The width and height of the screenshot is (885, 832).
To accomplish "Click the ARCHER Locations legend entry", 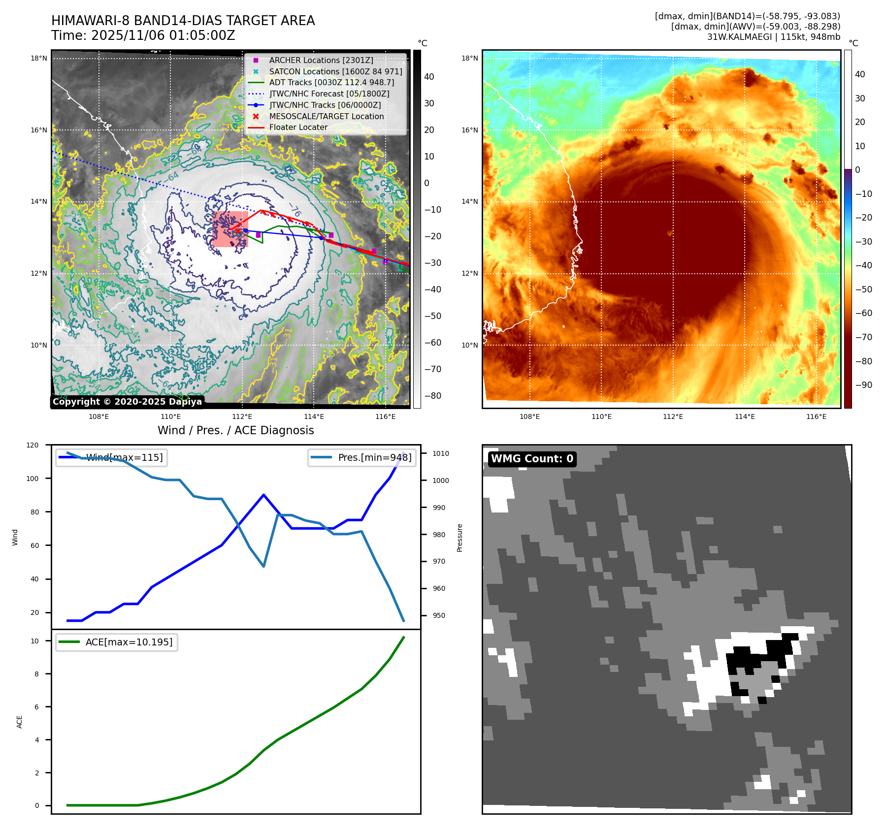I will pyautogui.click(x=321, y=60).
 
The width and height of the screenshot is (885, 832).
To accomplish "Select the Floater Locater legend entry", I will pyautogui.click(x=298, y=127).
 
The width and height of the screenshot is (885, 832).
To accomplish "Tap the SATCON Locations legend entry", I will pyautogui.click(x=335, y=71).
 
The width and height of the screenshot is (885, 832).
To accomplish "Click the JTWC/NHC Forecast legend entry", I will pyautogui.click(x=329, y=94).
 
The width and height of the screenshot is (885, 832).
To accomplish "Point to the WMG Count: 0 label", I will pyautogui.click(x=532, y=459).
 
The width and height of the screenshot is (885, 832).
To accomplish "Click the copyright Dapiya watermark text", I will pyautogui.click(x=127, y=402).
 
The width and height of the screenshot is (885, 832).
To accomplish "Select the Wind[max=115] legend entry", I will pyautogui.click(x=124, y=457).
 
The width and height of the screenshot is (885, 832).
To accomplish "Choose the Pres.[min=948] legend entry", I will pyautogui.click(x=374, y=457).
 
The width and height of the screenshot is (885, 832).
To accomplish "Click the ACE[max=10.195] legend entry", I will pyautogui.click(x=129, y=642).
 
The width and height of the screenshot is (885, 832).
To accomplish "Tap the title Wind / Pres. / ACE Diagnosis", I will pyautogui.click(x=235, y=430).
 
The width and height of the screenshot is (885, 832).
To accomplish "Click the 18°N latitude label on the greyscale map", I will pyautogui.click(x=39, y=58).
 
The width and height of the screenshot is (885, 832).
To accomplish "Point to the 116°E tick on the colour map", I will pyautogui.click(x=816, y=416).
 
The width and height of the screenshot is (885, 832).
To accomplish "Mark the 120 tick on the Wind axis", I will pyautogui.click(x=33, y=445).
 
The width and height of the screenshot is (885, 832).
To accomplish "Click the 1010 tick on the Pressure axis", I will pyautogui.click(x=441, y=453).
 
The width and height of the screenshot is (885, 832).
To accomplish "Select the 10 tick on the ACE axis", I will pyautogui.click(x=35, y=641).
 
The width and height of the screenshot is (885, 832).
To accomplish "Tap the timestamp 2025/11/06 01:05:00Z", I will pyautogui.click(x=163, y=35).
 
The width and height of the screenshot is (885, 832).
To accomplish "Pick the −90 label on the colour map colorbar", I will pyautogui.click(x=863, y=385).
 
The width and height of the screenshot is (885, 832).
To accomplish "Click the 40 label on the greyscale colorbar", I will pyautogui.click(x=429, y=76).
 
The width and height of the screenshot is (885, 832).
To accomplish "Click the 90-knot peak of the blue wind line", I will pyautogui.click(x=264, y=495).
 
